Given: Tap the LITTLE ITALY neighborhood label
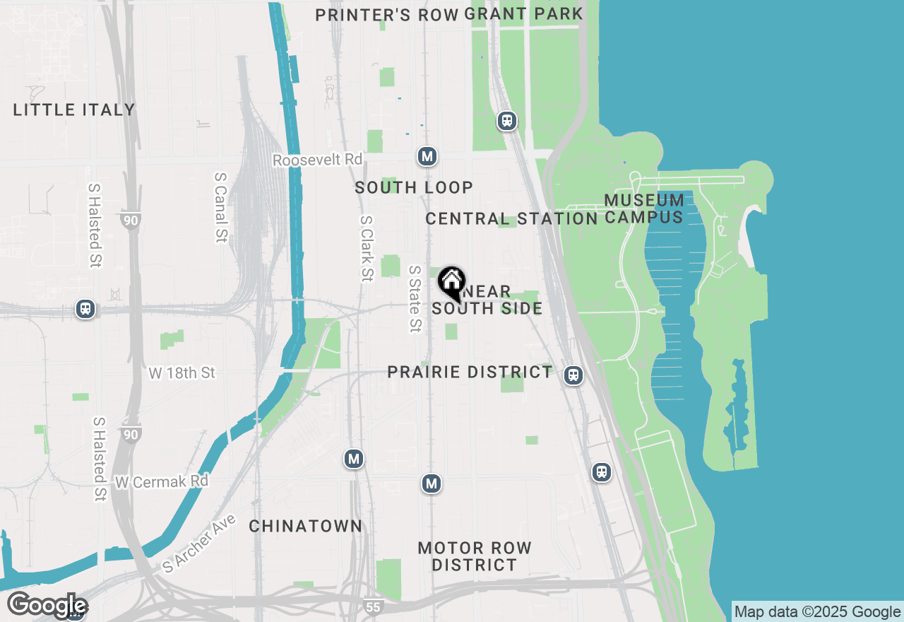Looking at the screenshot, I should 74,110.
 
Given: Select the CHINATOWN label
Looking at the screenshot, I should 306,526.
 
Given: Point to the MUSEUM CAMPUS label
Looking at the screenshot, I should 644,209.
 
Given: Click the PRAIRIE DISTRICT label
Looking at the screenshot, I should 470,372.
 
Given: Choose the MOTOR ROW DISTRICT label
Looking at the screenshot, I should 475,556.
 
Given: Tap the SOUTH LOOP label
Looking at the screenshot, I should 414,187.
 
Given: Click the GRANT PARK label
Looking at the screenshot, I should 524,13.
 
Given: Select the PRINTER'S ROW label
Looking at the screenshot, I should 386,15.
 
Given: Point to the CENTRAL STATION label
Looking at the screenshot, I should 512,219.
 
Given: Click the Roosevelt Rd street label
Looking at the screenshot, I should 317,160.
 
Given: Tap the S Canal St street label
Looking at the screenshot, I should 220,206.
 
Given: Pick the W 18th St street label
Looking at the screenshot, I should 182,372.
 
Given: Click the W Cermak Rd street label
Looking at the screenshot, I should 162,481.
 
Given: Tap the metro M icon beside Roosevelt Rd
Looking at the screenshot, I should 427,156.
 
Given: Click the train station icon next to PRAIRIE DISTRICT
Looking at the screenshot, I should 573,375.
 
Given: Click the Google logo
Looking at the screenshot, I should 47,606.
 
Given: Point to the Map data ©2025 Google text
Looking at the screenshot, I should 817,612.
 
